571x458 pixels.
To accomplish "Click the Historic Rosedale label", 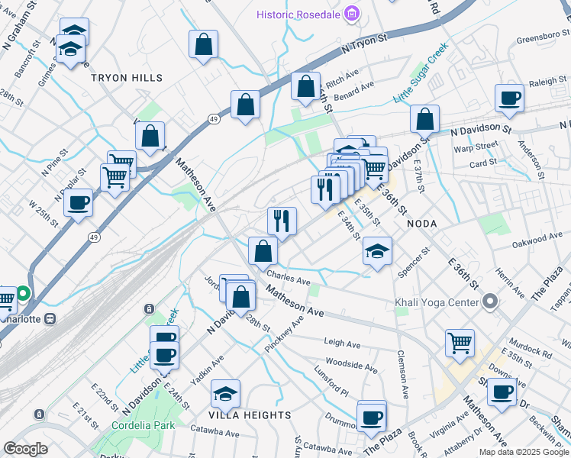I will pyautogui.click(x=298, y=14).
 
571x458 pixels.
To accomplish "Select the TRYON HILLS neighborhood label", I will pyautogui.click(x=127, y=78).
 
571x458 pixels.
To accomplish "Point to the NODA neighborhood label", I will pyautogui.click(x=421, y=223).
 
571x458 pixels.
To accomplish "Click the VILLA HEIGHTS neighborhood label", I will pyautogui.click(x=250, y=414).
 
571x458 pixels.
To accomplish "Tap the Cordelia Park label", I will pyautogui.click(x=143, y=425).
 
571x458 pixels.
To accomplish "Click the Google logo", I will pyautogui.click(x=25, y=449).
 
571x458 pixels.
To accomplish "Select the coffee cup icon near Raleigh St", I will pyautogui.click(x=509, y=98).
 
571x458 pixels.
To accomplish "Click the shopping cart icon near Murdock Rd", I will pyautogui.click(x=460, y=343).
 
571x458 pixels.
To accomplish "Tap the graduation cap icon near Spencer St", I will pyautogui.click(x=377, y=250).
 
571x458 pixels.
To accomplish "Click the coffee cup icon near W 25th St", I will pyautogui.click(x=78, y=204).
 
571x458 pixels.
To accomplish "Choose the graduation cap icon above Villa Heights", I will pyautogui.click(x=226, y=394).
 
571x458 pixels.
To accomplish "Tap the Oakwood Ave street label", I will pyautogui.click(x=537, y=239).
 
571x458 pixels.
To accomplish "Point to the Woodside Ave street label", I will pyautogui.click(x=351, y=365).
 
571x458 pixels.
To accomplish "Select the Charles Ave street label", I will pyautogui.click(x=289, y=279).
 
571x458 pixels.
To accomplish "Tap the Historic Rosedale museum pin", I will pyautogui.click(x=351, y=14).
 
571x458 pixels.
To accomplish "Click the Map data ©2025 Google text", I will pyautogui.click(x=523, y=451).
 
